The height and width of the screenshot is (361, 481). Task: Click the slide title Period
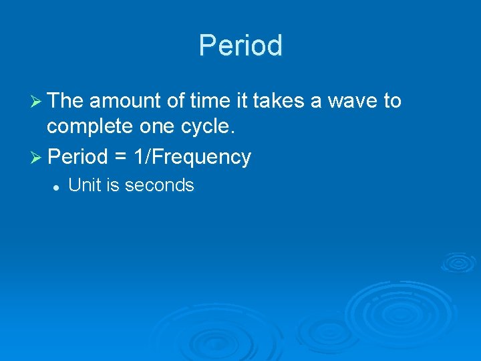point(240,45)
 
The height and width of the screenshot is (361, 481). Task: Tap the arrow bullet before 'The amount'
point(37,101)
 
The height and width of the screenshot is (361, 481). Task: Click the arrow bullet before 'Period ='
point(37,157)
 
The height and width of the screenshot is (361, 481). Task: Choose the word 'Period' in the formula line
point(78,157)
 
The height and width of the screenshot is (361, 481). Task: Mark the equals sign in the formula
point(120,158)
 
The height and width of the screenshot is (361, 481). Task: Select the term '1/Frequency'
point(192,158)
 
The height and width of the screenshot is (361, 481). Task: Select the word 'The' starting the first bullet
point(65,101)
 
